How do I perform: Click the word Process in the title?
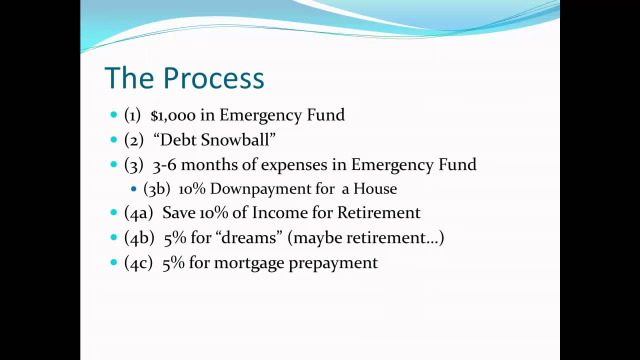(x=213, y=78)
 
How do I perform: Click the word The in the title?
(x=129, y=78)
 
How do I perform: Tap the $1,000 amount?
(x=173, y=115)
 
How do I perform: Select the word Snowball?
(x=235, y=140)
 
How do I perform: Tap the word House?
(x=375, y=188)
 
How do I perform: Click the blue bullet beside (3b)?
(x=133, y=189)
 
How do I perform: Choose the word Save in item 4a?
(x=179, y=213)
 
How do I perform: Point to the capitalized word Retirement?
(x=379, y=213)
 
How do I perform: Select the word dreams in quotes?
(x=249, y=237)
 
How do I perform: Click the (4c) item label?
(x=138, y=263)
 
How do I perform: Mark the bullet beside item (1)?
(x=113, y=115)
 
